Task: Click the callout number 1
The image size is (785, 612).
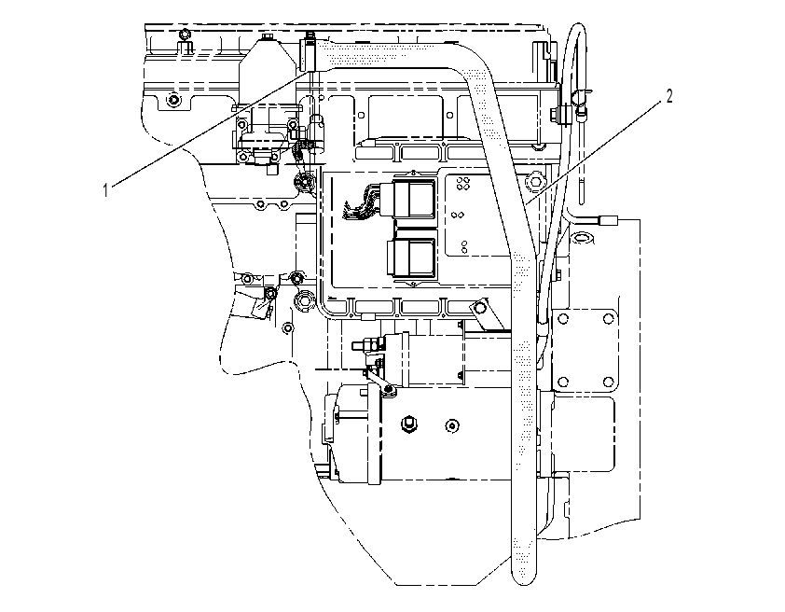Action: coord(105,190)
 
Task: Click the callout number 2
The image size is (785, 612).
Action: coord(668,96)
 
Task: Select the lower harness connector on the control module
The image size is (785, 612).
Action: coord(411,258)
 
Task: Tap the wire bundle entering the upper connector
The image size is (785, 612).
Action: coord(361,202)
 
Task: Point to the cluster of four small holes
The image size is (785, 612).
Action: coord(463,184)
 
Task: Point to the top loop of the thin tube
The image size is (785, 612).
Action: coord(577,29)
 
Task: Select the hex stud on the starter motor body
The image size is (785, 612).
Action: coord(407,424)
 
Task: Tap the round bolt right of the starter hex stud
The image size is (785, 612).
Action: coord(452,425)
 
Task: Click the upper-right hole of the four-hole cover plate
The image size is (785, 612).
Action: coord(608,318)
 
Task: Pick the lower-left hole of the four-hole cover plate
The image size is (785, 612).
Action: coord(563,382)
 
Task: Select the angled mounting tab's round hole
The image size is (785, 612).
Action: coord(482,305)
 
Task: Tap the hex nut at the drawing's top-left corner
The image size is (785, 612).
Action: coord(185,35)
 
